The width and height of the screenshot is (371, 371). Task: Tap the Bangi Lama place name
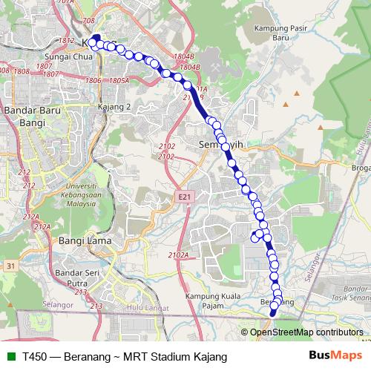[85, 241]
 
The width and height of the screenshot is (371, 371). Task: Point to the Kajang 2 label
[114, 107]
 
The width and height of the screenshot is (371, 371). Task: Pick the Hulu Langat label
[144, 306]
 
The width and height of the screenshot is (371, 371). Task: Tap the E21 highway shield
[185, 197]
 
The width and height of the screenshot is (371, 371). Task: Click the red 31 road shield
[10, 265]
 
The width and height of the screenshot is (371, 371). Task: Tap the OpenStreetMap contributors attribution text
[306, 332]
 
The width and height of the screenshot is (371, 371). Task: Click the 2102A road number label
[178, 255]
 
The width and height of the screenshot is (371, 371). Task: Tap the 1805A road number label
[119, 80]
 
